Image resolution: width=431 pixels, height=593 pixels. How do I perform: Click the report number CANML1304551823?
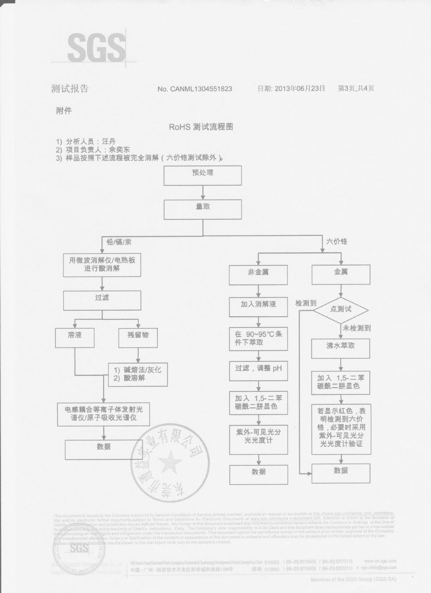click(x=195, y=89)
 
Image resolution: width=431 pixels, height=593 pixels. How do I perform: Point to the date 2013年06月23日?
click(x=291, y=89)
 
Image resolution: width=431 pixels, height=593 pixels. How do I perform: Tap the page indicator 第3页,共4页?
click(x=356, y=89)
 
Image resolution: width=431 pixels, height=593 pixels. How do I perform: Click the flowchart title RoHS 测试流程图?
click(x=201, y=127)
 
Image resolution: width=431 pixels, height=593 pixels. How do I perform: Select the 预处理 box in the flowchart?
click(x=203, y=175)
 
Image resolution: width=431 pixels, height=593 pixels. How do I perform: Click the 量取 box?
click(x=203, y=210)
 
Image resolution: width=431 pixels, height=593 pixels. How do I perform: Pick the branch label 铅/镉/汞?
click(x=119, y=242)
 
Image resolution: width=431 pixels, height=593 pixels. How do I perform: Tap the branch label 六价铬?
click(x=337, y=242)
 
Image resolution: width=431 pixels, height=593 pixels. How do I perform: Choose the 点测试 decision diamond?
click(x=341, y=309)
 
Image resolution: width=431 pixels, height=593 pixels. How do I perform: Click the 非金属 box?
click(x=258, y=275)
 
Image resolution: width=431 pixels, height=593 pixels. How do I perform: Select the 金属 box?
click(x=341, y=274)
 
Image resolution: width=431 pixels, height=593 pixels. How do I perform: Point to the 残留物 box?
click(x=138, y=338)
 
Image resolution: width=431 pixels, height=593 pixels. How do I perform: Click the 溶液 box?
click(x=75, y=338)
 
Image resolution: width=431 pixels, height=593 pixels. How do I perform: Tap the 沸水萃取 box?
click(x=341, y=348)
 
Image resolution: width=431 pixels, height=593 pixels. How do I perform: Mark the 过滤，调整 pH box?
click(x=258, y=371)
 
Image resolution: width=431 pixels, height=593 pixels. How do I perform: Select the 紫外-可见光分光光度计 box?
click(x=258, y=439)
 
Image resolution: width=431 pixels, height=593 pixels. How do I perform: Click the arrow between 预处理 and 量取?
click(x=203, y=193)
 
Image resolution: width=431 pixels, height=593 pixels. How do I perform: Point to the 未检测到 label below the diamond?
click(x=357, y=328)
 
